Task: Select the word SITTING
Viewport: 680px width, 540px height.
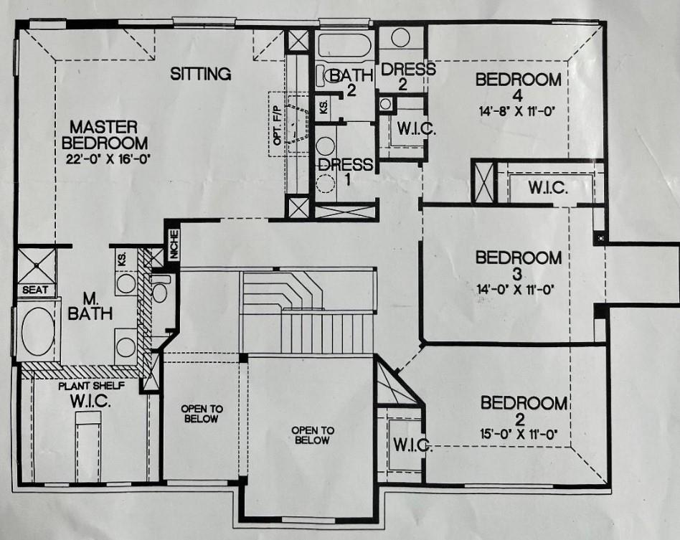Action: pyautogui.click(x=200, y=74)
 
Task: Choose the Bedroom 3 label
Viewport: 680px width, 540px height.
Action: pyautogui.click(x=518, y=266)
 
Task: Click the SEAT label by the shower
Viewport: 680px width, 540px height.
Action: pyautogui.click(x=34, y=290)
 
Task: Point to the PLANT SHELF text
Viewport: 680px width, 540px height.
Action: pyautogui.click(x=92, y=386)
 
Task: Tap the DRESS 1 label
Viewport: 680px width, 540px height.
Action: pyautogui.click(x=346, y=171)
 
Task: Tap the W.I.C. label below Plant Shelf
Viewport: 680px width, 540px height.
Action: pyautogui.click(x=90, y=402)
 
